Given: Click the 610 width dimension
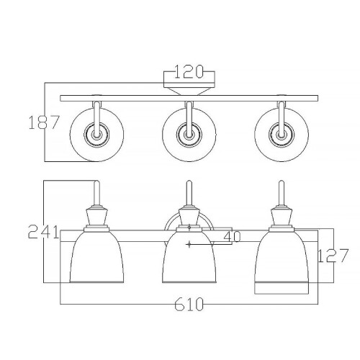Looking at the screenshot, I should [189, 305].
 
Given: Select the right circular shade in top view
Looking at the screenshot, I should [280, 133].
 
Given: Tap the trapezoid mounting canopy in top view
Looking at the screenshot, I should [189, 89].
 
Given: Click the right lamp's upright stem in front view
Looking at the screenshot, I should [282, 193].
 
